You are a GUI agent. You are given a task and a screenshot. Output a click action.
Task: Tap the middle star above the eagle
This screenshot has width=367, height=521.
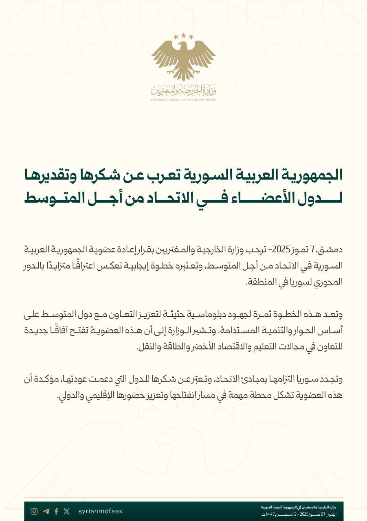point(183,36)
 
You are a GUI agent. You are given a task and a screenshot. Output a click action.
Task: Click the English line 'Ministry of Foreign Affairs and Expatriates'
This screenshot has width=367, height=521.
point(183,100)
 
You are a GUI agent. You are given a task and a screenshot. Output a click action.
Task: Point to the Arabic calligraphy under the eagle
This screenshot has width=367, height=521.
point(183,90)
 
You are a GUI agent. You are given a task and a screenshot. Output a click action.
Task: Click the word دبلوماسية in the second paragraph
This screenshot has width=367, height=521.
point(212,314)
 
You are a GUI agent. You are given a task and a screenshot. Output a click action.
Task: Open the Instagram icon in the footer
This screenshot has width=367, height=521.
point(34,511)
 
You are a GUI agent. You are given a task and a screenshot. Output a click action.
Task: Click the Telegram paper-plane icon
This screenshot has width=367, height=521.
point(46,511)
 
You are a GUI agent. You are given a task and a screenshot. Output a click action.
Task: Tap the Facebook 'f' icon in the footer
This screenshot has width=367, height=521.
point(56,511)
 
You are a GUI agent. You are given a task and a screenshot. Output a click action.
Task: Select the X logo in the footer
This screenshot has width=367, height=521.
point(67,511)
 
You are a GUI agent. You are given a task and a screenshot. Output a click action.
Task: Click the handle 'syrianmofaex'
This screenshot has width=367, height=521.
point(100,511)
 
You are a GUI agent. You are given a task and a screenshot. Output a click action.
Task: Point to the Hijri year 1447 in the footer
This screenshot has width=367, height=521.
point(271,515)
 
